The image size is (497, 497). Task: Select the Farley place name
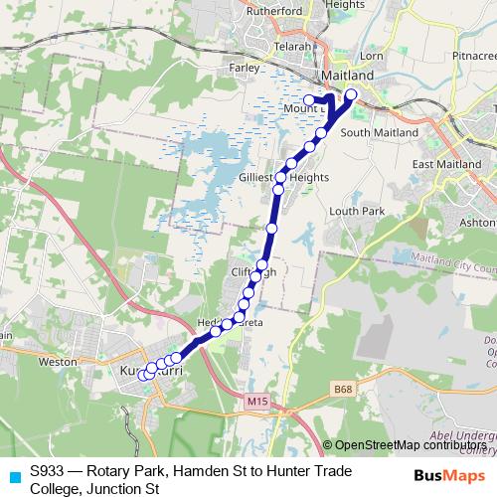246,69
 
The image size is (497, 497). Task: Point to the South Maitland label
369,131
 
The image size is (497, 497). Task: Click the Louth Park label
356,211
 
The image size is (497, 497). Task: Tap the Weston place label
57,363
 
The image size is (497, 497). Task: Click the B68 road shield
344,390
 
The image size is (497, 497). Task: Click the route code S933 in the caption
47,470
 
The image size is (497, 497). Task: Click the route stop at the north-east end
351,93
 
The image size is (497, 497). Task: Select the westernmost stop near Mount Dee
308,99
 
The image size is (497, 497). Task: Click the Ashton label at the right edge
481,225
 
